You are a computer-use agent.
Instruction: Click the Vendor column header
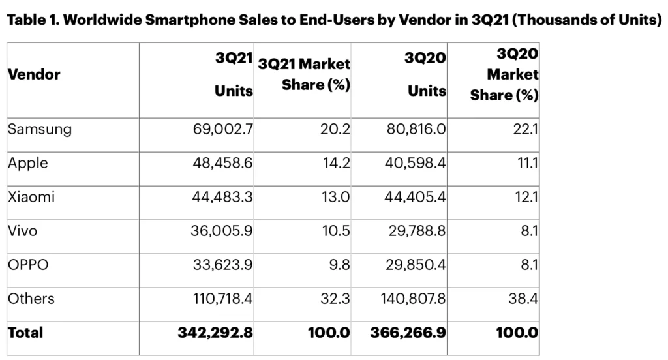(x=34, y=74)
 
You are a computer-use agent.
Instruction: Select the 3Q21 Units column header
(x=234, y=74)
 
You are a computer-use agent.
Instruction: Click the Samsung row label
(x=40, y=129)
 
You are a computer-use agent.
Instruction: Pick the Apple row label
(x=28, y=163)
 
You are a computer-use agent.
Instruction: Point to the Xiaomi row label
(x=31, y=197)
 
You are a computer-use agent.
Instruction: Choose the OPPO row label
(x=28, y=265)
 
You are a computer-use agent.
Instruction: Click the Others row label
(x=31, y=299)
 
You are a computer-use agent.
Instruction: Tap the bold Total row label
(x=25, y=333)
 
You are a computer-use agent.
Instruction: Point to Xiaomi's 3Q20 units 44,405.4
(x=414, y=197)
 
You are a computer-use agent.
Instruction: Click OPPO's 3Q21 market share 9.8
(x=339, y=265)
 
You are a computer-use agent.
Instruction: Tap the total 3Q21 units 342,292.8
(x=215, y=333)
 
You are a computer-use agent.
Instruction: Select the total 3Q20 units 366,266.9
(x=408, y=333)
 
